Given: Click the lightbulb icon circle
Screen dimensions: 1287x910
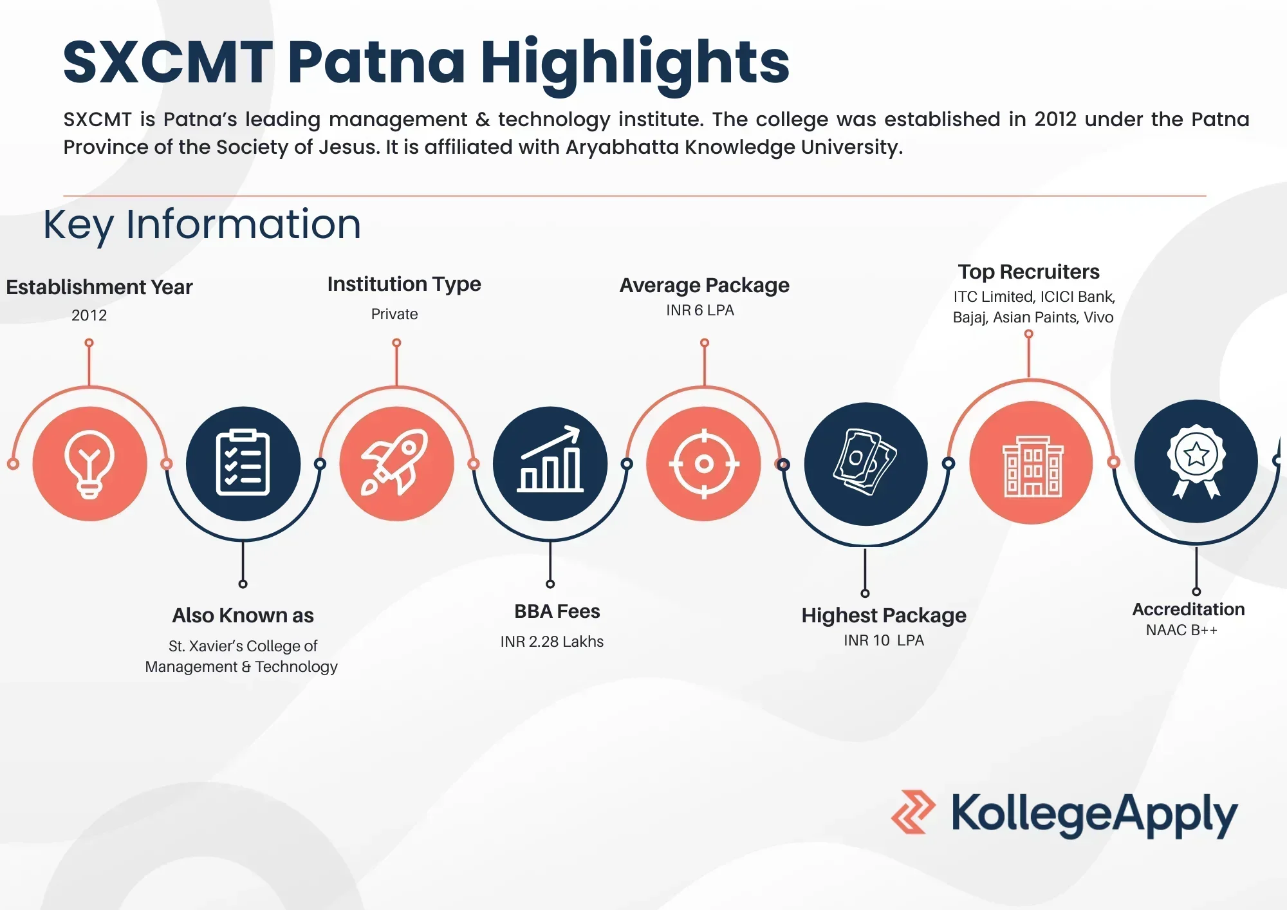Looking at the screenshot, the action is pyautogui.click(x=89, y=463).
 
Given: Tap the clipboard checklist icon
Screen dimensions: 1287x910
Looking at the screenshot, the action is pyautogui.click(x=243, y=463).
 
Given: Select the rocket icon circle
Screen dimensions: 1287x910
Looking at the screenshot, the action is pyautogui.click(x=396, y=463).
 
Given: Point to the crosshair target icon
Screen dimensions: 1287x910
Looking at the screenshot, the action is pyautogui.click(x=704, y=463).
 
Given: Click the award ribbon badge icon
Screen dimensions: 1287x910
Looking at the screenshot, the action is pyautogui.click(x=1196, y=461).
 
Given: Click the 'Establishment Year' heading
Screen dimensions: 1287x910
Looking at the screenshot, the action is pyautogui.click(x=99, y=287).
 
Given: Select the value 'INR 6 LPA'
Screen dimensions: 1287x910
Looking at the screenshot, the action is pyautogui.click(x=700, y=310).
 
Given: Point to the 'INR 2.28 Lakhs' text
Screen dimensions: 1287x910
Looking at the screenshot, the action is pyautogui.click(x=552, y=642).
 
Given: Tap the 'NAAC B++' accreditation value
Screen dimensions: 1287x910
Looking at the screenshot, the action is pyautogui.click(x=1181, y=630).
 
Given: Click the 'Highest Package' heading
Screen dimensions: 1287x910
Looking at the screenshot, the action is pyautogui.click(x=884, y=616).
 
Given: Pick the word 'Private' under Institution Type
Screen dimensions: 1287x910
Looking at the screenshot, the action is pyautogui.click(x=394, y=314).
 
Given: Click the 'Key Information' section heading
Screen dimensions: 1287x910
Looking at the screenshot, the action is pyautogui.click(x=202, y=225).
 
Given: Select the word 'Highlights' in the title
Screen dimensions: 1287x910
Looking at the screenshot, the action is pyautogui.click(x=635, y=63).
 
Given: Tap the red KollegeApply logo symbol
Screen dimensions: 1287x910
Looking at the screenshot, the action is pyautogui.click(x=912, y=812).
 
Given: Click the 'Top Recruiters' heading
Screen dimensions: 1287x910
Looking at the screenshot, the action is pyautogui.click(x=1028, y=272).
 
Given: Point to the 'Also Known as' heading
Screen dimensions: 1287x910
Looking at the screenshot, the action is pyautogui.click(x=243, y=616).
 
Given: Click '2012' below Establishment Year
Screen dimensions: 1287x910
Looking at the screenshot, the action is pyautogui.click(x=89, y=315).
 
